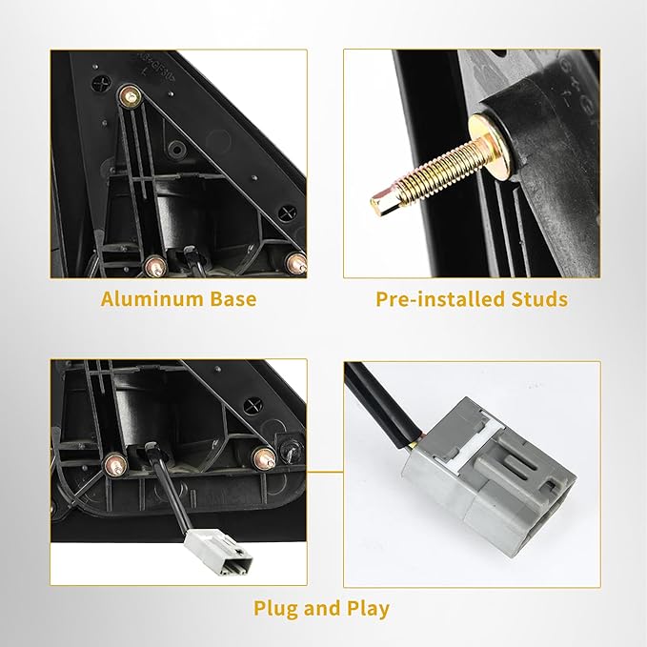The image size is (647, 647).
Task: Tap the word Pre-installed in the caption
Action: click(x=440, y=299)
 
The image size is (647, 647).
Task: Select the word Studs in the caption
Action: click(x=539, y=299)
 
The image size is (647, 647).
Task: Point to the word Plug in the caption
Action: click(x=276, y=610)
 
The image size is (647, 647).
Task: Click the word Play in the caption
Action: click(x=368, y=610)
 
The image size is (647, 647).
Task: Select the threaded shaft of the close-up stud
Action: click(x=436, y=169)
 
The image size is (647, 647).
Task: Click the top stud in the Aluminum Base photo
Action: click(x=130, y=97)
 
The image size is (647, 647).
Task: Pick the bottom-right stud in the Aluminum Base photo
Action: click(x=296, y=262)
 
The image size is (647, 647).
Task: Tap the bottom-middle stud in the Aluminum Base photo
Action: click(x=156, y=266)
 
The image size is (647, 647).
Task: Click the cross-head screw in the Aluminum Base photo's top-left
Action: click(x=100, y=86)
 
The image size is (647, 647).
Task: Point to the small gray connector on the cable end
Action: click(x=219, y=553)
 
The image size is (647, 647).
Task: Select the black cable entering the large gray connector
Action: click(x=380, y=406)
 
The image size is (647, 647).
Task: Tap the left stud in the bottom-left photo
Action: click(x=116, y=464)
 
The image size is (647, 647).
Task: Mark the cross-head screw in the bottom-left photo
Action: click(x=253, y=406)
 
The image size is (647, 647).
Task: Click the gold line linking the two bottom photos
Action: click(x=325, y=471)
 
